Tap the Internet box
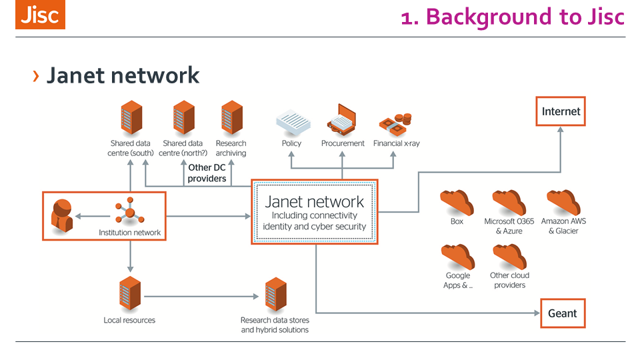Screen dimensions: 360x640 [561, 111]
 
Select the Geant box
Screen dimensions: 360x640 [562, 313]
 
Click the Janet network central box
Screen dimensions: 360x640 [315, 212]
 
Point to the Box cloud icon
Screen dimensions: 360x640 [457, 202]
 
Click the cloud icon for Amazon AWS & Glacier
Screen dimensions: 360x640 [563, 202]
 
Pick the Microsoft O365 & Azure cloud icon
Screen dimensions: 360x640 [509, 202]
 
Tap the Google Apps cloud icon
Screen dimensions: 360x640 [457, 257]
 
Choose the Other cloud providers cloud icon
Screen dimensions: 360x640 [509, 257]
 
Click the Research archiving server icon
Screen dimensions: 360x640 [231, 119]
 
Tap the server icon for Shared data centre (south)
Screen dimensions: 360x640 [130, 119]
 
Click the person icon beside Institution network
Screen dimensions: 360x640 [62, 215]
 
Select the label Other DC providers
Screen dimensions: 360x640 [207, 173]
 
